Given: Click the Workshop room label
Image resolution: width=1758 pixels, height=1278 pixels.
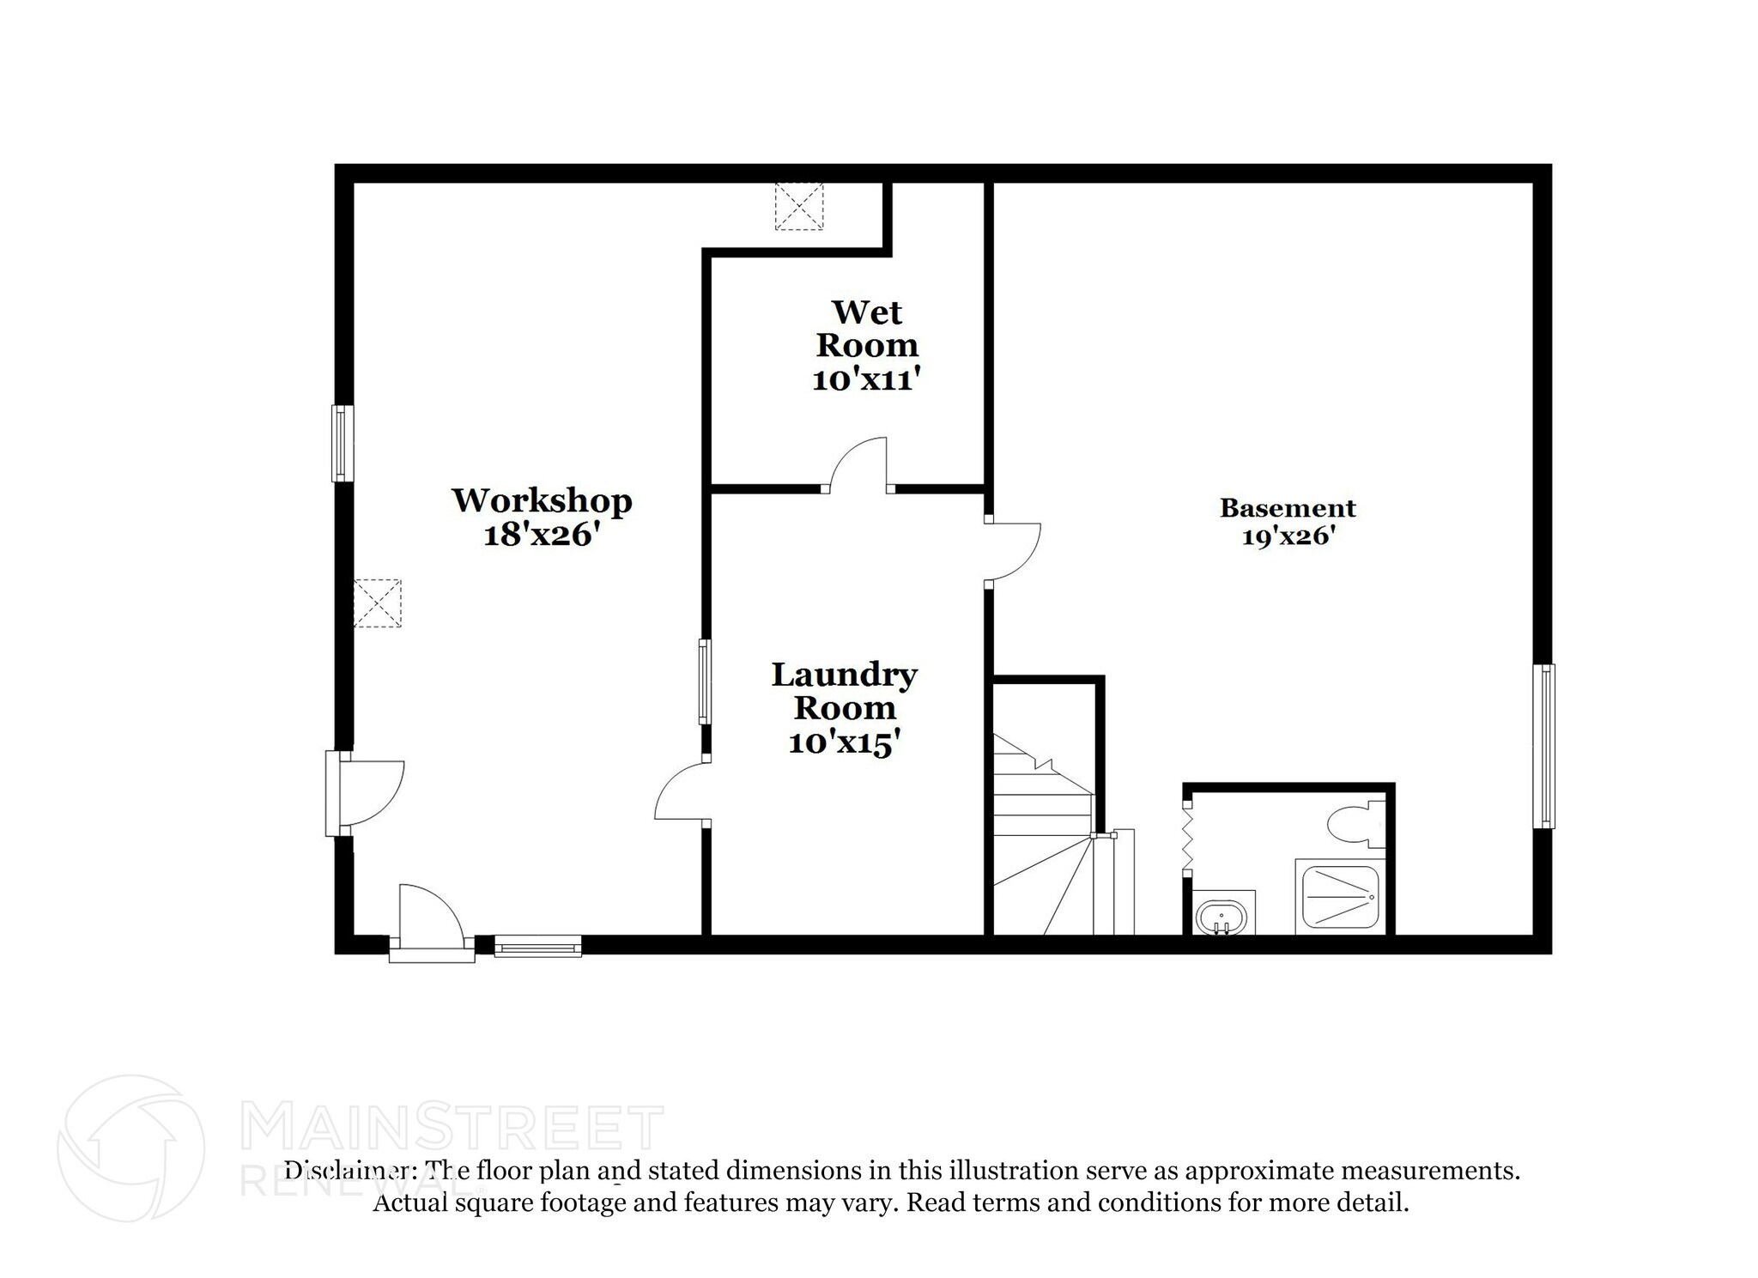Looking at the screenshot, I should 542,500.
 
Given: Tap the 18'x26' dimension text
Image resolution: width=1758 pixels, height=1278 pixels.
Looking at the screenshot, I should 540,536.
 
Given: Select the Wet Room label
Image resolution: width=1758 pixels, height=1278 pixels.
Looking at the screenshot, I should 867,329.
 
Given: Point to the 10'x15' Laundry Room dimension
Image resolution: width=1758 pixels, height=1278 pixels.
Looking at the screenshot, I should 844,743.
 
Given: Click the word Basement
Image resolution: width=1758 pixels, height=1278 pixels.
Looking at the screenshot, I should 1287,508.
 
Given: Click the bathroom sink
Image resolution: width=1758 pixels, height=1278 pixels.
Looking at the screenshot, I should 1222,916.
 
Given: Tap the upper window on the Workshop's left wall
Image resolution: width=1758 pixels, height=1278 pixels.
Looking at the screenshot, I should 343,443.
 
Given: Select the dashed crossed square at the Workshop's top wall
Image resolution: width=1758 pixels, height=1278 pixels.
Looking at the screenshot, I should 798,206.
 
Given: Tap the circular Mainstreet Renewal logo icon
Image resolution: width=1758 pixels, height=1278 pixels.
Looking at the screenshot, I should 131,1148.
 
